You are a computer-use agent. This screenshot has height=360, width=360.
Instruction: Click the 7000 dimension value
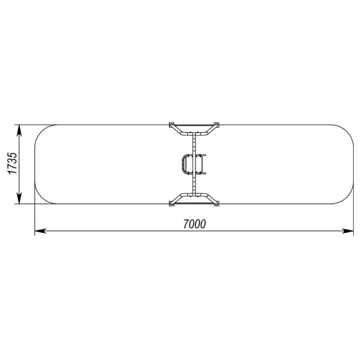tap(194, 224)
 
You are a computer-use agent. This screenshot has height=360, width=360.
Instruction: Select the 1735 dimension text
tap(13, 163)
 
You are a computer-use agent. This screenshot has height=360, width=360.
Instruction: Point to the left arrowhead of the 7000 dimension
tap(40, 231)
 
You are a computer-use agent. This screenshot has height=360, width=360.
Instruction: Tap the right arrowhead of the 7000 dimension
tap(347, 231)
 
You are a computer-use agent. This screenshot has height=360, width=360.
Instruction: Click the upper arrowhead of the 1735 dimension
tap(19, 131)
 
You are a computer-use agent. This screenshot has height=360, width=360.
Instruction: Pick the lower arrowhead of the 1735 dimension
tap(19, 198)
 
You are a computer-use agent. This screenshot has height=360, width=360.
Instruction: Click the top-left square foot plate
tap(172, 125)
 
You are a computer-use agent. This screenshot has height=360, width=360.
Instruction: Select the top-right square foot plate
tap(216, 125)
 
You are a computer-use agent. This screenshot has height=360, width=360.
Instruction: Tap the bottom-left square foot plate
tap(172, 204)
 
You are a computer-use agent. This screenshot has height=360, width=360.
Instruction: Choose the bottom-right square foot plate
tap(216, 204)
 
